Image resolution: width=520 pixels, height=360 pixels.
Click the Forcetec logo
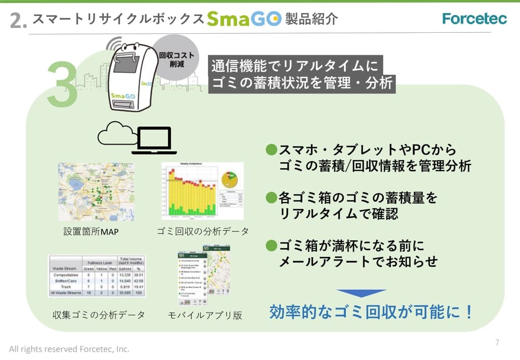(x=474, y=19)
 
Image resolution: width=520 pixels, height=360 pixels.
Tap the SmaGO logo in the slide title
(x=243, y=19)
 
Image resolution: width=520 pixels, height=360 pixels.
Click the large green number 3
(x=62, y=86)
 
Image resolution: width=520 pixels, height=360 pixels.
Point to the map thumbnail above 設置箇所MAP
(x=96, y=192)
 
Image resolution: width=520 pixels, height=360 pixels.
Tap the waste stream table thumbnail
(x=97, y=275)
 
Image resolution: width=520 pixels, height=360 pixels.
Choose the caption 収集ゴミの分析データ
(x=99, y=315)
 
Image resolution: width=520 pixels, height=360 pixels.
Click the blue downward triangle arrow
(x=361, y=293)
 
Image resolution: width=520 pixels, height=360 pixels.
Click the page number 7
(x=497, y=342)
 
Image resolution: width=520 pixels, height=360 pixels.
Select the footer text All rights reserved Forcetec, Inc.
(x=69, y=349)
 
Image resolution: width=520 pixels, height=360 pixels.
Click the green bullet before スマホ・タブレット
(x=270, y=150)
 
